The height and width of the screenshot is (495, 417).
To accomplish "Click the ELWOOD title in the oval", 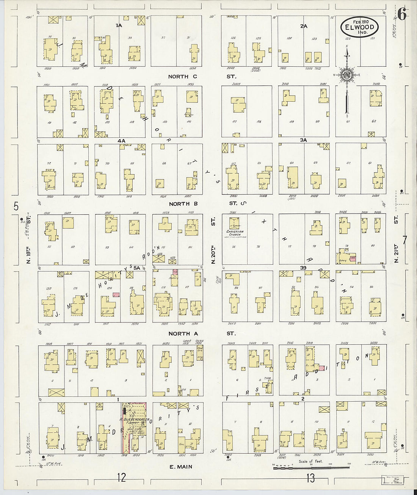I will pyautogui.click(x=360, y=27).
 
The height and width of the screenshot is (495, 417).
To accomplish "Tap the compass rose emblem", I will pyautogui.click(x=346, y=74).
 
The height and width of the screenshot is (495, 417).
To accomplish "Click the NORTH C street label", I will pyautogui.click(x=183, y=77).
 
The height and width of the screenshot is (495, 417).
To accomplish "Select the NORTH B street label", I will pyautogui.click(x=183, y=204).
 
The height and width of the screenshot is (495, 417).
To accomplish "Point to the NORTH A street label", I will pyautogui.click(x=183, y=333).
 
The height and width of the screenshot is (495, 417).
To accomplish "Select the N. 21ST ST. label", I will pyautogui.click(x=396, y=239).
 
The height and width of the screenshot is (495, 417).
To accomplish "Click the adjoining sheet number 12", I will pyautogui.click(x=121, y=478).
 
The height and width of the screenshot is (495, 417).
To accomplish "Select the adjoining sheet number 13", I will pyautogui.click(x=310, y=478).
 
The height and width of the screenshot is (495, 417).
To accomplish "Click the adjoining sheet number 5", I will pyautogui.click(x=16, y=206).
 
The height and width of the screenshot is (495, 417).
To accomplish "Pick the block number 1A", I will pyautogui.click(x=119, y=25).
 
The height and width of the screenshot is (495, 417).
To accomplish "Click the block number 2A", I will pyautogui.click(x=303, y=26).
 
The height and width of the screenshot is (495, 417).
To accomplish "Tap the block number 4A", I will pyautogui.click(x=121, y=140).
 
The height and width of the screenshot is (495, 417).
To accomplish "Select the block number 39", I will pyautogui.click(x=303, y=268).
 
